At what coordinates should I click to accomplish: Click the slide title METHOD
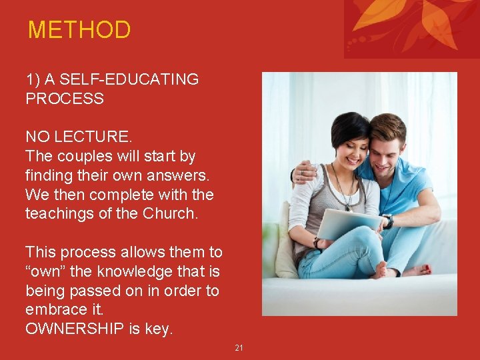coord(79,30)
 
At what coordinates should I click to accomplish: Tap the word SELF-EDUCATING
coord(129,79)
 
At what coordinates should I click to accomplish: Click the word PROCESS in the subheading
coord(65,99)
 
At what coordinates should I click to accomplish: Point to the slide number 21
coord(239,347)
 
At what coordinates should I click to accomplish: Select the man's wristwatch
coord(389,221)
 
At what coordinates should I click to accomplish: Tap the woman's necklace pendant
coord(347,206)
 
